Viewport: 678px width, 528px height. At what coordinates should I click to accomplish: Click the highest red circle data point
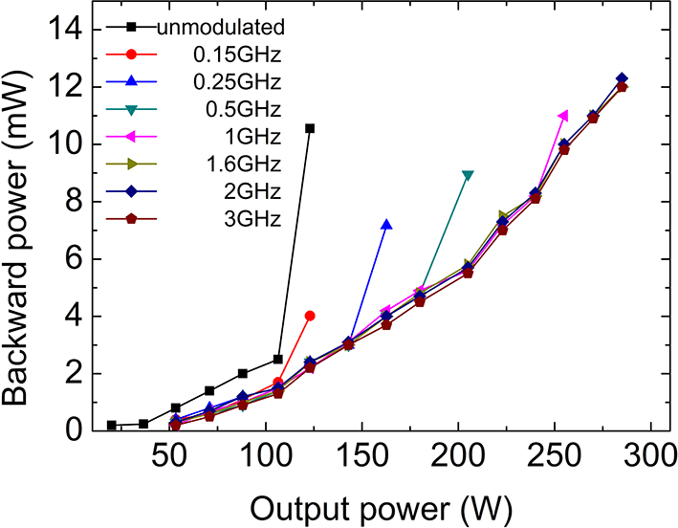pyautogui.click(x=309, y=316)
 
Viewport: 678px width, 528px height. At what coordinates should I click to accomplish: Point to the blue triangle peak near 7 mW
pyautogui.click(x=386, y=225)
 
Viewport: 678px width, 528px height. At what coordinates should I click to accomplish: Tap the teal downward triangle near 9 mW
pyautogui.click(x=468, y=175)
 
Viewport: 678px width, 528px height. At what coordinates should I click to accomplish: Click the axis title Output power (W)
pyautogui.click(x=369, y=504)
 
